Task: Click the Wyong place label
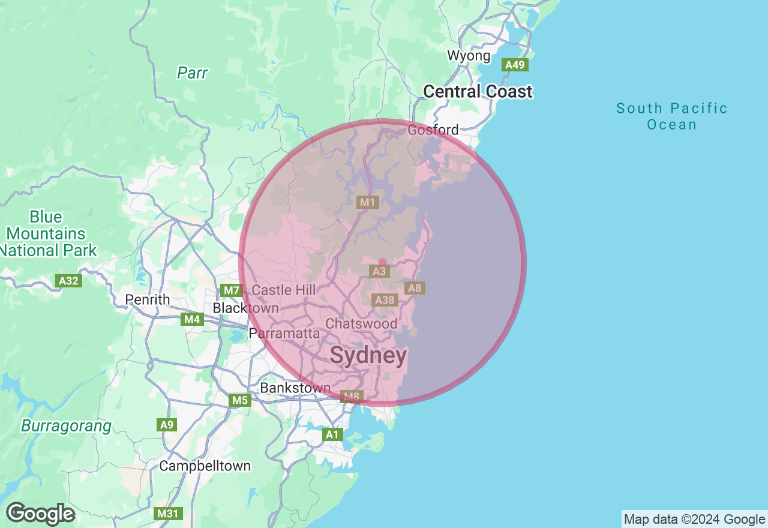[469, 56]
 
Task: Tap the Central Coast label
[478, 91]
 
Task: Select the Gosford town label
[433, 130]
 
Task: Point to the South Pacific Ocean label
[672, 116]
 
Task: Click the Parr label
[192, 73]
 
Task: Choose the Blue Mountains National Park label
[46, 233]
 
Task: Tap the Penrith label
[148, 299]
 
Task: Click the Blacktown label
[245, 308]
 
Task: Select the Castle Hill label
[284, 290]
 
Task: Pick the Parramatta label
[284, 332]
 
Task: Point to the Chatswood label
[361, 323]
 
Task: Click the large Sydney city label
[368, 356]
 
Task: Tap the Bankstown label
[295, 388]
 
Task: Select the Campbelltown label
[205, 466]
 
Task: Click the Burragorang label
[66, 426]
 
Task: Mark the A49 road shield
[516, 65]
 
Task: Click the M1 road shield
[367, 202]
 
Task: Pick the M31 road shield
[167, 514]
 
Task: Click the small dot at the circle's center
[382, 262]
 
